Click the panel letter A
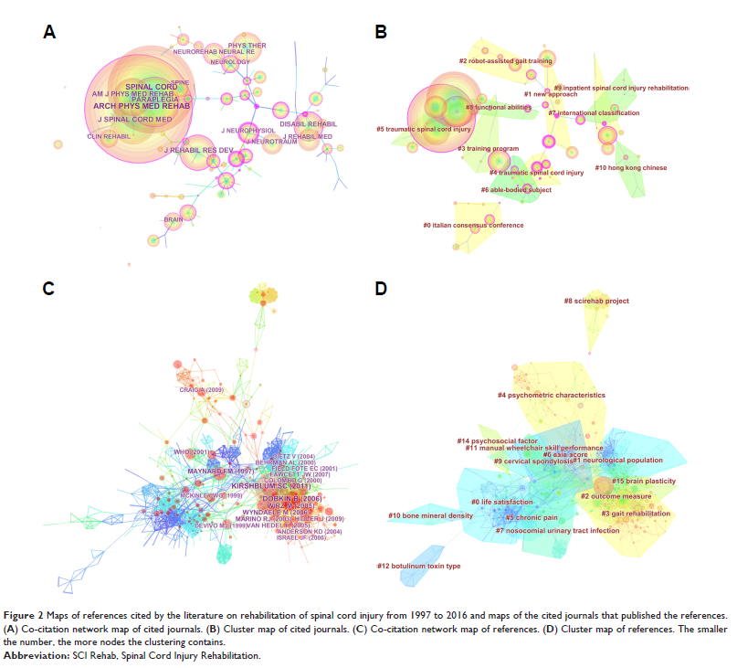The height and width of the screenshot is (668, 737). click(x=49, y=33)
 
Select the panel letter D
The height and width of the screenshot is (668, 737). click(x=382, y=289)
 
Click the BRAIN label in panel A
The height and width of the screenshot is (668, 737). click(x=173, y=219)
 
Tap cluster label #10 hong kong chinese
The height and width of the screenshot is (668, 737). click(x=630, y=168)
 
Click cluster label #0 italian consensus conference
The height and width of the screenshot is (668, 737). click(x=473, y=225)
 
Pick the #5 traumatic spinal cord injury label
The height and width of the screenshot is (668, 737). click(x=424, y=130)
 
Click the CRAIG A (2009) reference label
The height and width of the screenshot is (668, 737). click(x=201, y=390)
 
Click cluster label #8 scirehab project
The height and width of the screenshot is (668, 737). click(x=596, y=301)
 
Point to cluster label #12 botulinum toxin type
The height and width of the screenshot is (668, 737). click(x=419, y=567)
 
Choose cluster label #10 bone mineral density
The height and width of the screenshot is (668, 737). click(x=430, y=516)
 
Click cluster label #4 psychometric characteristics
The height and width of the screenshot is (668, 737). click(x=551, y=396)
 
